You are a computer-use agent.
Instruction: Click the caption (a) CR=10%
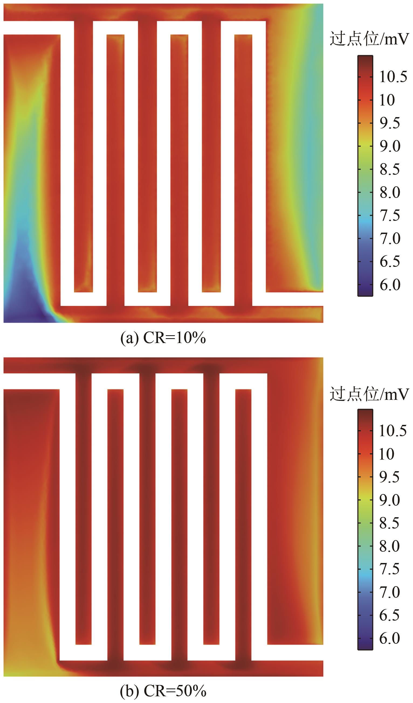pyautogui.click(x=163, y=338)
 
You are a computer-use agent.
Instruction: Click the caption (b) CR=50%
pyautogui.click(x=163, y=691)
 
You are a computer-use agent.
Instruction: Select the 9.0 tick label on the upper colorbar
pyautogui.click(x=390, y=146)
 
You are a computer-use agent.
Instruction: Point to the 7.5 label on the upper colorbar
pyautogui.click(x=390, y=215)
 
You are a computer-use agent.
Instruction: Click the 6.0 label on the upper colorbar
pyautogui.click(x=390, y=285)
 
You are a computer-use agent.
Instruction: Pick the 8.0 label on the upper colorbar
pyautogui.click(x=390, y=193)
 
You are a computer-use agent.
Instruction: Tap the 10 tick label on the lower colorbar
pyautogui.click(x=387, y=454)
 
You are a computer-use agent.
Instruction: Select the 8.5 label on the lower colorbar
pyautogui.click(x=389, y=523)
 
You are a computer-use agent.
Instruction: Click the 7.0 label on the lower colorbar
pyautogui.click(x=389, y=593)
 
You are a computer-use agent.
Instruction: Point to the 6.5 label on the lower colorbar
pyautogui.click(x=389, y=615)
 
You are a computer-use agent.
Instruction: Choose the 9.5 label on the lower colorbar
pyautogui.click(x=389, y=477)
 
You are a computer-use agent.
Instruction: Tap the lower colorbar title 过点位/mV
pyautogui.click(x=369, y=394)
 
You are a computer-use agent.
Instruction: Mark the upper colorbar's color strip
pyautogui.click(x=365, y=176)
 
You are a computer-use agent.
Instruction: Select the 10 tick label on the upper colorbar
pyautogui.click(x=387, y=100)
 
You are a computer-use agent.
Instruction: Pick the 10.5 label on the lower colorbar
pyautogui.click(x=393, y=431)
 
